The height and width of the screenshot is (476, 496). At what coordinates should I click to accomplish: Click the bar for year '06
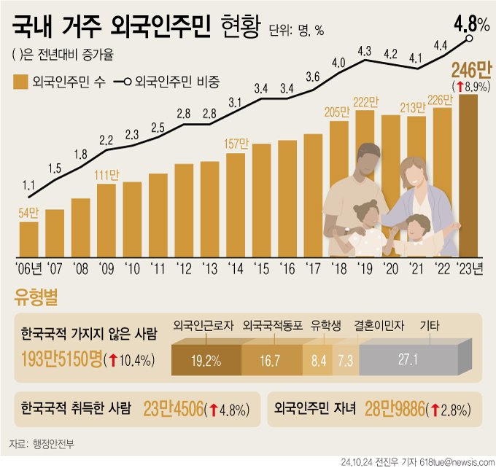click(x=29, y=238)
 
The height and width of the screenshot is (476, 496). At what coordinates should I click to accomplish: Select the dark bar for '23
click(x=468, y=175)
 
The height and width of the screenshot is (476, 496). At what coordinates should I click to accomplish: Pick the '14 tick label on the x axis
click(x=235, y=269)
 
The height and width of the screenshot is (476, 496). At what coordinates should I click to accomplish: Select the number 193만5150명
click(x=61, y=359)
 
